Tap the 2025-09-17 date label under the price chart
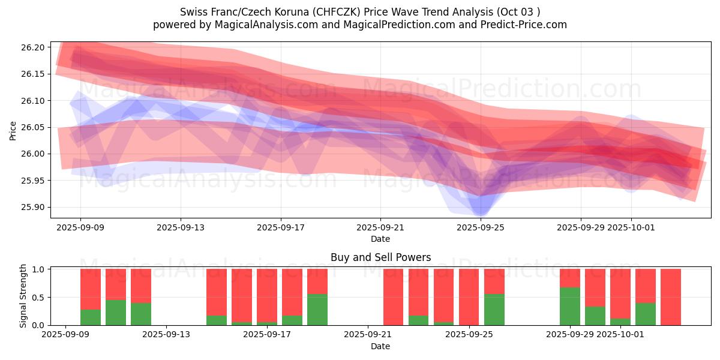[281, 228]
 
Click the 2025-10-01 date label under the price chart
[631, 228]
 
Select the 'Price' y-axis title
[13, 131]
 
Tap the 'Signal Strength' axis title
[23, 296]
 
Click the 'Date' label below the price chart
[380, 239]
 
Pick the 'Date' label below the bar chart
[380, 346]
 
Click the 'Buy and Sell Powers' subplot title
[380, 257]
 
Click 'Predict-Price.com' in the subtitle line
[521, 25]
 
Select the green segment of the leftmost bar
[91, 317]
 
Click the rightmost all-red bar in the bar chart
[671, 297]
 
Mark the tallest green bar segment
[570, 306]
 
